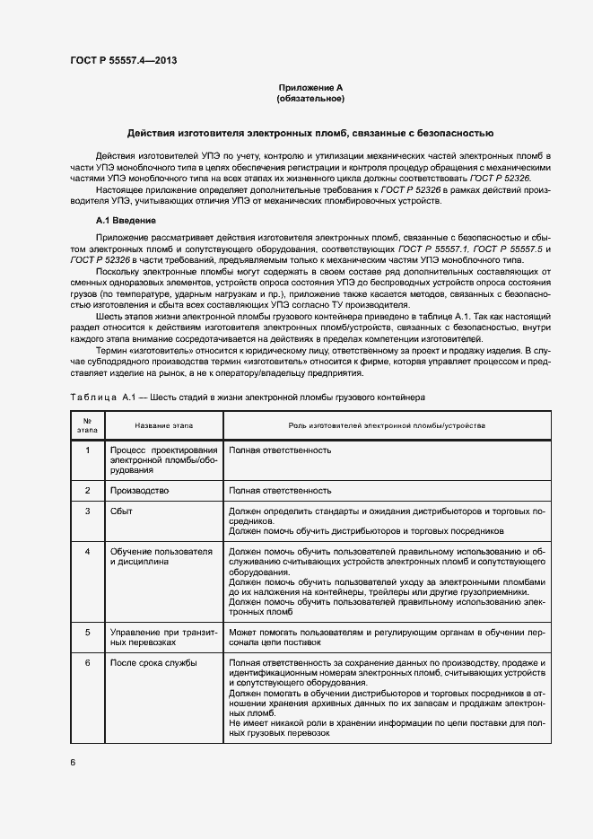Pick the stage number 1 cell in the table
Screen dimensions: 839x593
pyautogui.click(x=87, y=450)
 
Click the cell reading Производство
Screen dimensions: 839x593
pyautogui.click(x=139, y=491)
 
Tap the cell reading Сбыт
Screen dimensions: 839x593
pyautogui.click(x=123, y=511)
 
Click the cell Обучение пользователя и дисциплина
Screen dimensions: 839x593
pyautogui.click(x=161, y=556)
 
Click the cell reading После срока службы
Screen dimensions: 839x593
pyautogui.click(x=153, y=663)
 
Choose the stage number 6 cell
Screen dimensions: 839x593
pyautogui.click(x=87, y=663)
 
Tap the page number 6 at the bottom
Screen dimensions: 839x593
pyautogui.click(x=73, y=763)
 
